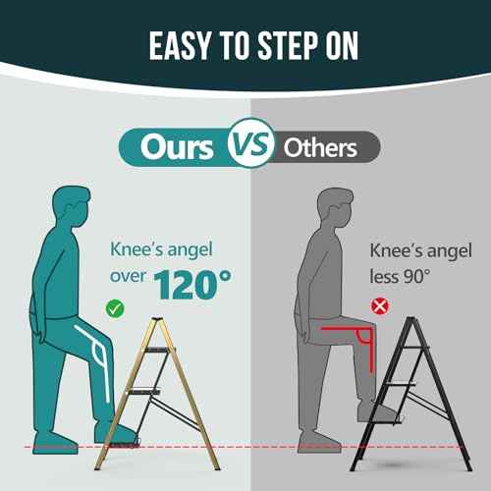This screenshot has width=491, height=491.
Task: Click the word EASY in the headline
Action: tap(180, 46)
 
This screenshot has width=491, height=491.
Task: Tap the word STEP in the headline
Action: tap(288, 46)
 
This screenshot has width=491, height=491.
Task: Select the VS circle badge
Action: tap(250, 143)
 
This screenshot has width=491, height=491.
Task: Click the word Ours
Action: tap(177, 147)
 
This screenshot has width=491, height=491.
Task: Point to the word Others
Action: tap(320, 148)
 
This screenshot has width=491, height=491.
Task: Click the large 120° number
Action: tap(192, 284)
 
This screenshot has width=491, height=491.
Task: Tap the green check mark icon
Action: tap(115, 308)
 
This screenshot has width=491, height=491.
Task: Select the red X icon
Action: tap(380, 306)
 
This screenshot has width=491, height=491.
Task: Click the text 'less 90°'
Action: tap(400, 277)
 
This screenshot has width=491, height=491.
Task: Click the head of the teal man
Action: tap(71, 207)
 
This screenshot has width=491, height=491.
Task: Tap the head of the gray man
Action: tap(335, 208)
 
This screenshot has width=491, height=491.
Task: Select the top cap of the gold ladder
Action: tap(156, 318)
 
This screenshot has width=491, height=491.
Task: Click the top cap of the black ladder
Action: tap(410, 318)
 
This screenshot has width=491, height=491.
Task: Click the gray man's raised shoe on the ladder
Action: tap(376, 411)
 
